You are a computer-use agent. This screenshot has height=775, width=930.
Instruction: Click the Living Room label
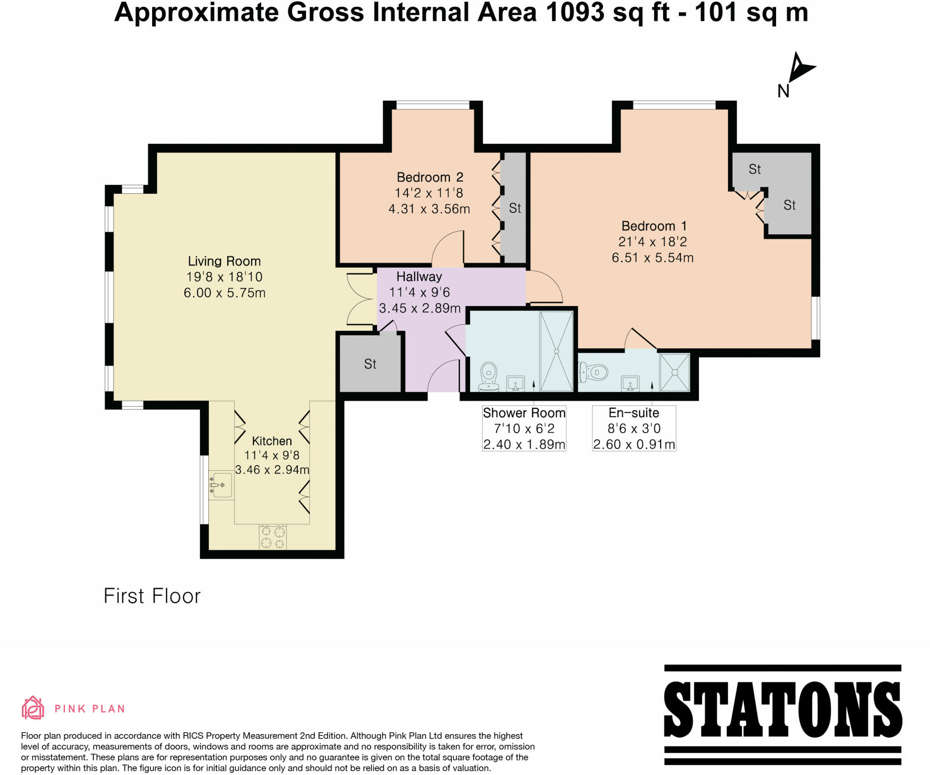click(224, 261)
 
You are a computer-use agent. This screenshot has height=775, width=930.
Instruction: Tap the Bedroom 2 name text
click(430, 177)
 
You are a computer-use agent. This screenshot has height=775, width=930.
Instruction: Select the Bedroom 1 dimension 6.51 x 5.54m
click(652, 258)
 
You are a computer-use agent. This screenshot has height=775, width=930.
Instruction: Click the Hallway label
click(419, 276)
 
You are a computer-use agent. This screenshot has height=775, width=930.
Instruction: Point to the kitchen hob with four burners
click(273, 537)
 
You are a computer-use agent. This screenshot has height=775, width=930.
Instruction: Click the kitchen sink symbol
click(222, 485)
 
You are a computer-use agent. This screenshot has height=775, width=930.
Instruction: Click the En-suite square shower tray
click(674, 372)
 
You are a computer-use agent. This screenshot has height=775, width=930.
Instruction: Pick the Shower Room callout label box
click(524, 428)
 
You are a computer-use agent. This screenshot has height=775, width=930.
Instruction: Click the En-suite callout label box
click(634, 428)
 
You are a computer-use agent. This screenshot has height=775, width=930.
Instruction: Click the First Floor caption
click(152, 596)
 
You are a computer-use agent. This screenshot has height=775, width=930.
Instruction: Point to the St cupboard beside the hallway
click(370, 364)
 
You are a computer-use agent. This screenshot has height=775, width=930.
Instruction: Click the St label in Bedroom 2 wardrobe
click(514, 208)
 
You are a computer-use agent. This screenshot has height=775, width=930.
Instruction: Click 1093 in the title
click(575, 12)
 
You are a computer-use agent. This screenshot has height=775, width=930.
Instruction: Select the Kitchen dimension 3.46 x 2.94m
click(272, 469)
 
